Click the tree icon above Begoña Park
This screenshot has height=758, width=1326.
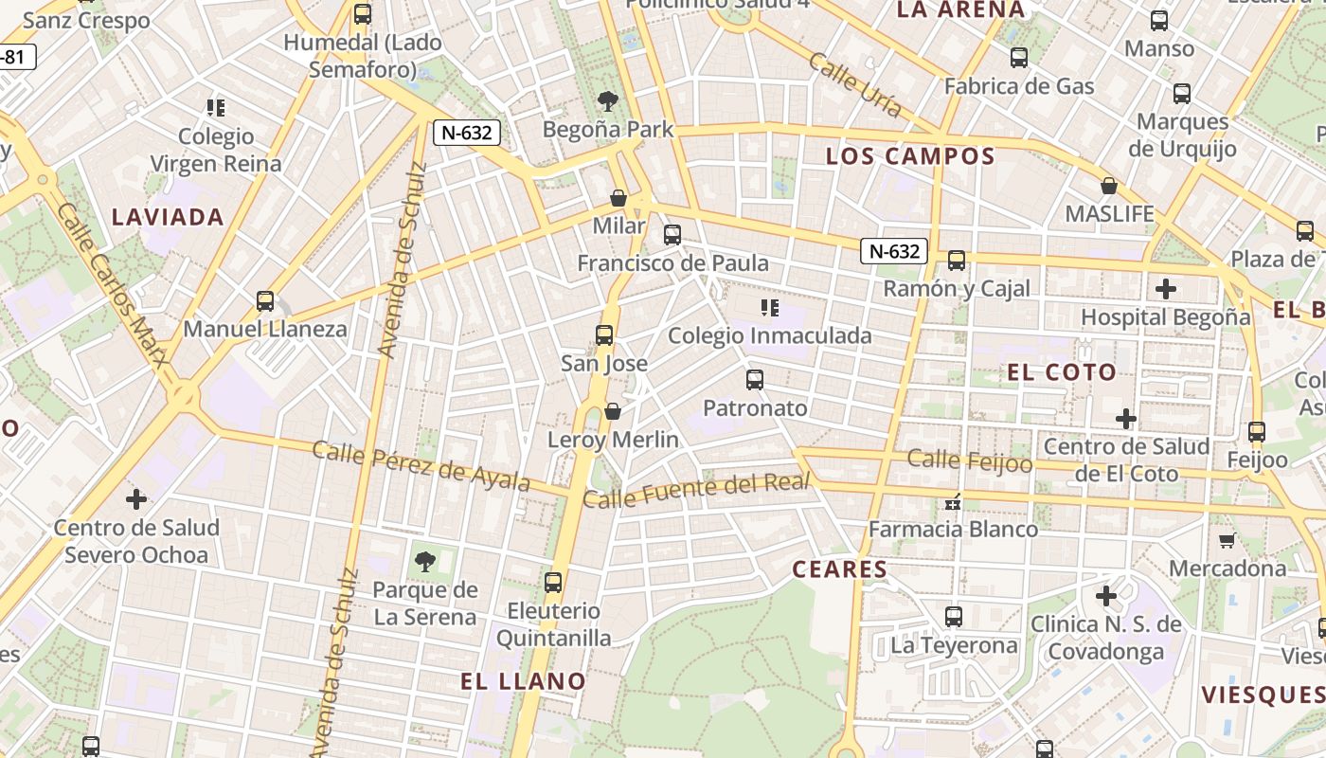coord(608,100)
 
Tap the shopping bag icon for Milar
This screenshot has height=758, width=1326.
coord(618,198)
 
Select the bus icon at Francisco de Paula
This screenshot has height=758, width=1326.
coord(672,235)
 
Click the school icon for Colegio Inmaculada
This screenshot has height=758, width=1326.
coord(770,307)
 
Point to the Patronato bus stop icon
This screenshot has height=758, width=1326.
coord(755,380)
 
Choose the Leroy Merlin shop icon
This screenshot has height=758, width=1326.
coord(613,411)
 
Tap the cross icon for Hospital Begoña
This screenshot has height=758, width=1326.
coord(1166,289)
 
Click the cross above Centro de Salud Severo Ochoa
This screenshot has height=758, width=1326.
coord(136,498)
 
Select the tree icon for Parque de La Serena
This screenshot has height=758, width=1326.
coord(425,561)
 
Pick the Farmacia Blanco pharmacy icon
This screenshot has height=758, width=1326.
coord(953,501)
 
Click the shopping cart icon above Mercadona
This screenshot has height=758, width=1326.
coord(1227,540)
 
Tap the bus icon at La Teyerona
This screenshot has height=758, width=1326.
coord(954,617)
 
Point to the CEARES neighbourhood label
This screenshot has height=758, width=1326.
coord(840,569)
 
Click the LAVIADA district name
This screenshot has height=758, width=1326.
coord(168,217)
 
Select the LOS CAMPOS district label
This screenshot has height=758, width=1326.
coord(910,156)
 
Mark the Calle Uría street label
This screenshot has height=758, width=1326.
coord(854,83)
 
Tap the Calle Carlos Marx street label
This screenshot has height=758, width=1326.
coord(112,283)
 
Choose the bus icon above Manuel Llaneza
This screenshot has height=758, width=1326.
coord(265,301)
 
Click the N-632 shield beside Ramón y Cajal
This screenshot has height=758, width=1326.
coord(894,251)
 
